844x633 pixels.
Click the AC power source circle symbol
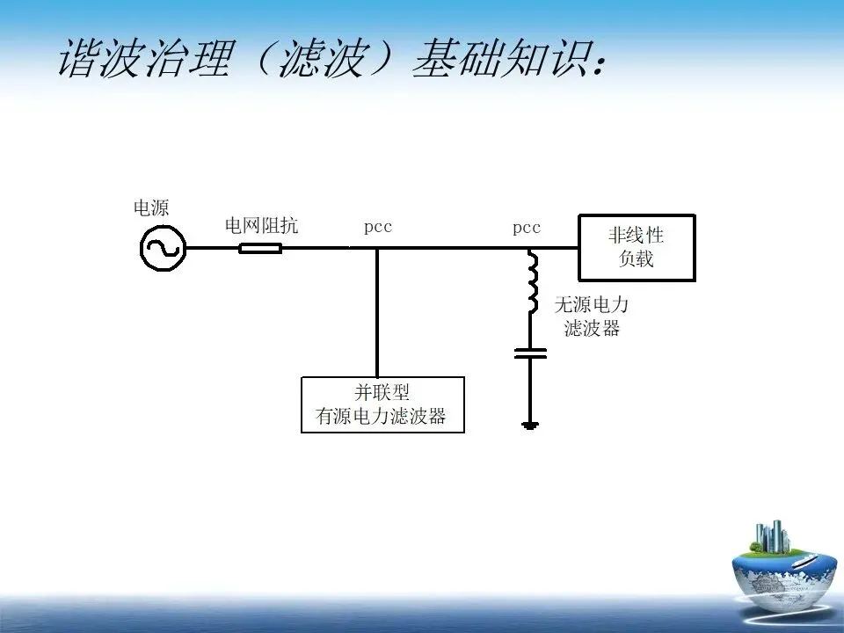point(163,248)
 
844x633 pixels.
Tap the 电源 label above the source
point(150,208)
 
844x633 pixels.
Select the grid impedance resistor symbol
point(260,248)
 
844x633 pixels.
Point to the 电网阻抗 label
point(261,226)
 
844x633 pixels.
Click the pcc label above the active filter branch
point(378,228)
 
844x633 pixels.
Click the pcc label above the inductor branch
point(527,228)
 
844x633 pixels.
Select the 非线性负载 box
point(636,248)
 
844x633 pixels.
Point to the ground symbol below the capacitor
point(529,426)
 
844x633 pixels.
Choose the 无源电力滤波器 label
point(592,316)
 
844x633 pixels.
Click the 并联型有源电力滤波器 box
point(382,404)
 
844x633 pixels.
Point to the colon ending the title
point(600,62)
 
